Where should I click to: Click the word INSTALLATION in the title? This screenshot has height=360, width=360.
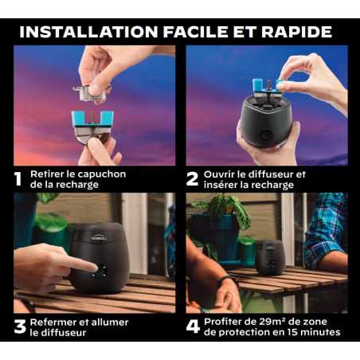(x=88, y=32)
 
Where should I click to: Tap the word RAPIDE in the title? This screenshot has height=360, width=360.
(x=296, y=32)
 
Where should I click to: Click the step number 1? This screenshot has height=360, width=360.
(x=18, y=179)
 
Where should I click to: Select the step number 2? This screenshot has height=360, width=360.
(x=192, y=179)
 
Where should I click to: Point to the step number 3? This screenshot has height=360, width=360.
(x=20, y=327)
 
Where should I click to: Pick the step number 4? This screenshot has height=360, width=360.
(x=193, y=327)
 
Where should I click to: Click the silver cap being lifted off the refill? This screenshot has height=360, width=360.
(x=92, y=92)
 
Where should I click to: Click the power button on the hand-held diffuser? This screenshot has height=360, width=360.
(x=265, y=135)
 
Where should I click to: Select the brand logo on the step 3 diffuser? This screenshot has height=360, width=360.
(x=100, y=238)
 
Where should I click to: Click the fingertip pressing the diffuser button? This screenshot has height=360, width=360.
(x=94, y=268)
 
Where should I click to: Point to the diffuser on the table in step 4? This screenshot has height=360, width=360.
(x=270, y=257)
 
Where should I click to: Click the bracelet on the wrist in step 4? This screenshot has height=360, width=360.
(x=225, y=280)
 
